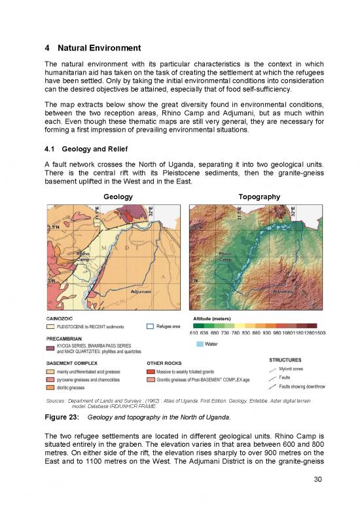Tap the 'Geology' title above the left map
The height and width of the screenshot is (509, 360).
point(118,196)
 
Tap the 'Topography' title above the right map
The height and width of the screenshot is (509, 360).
point(260,196)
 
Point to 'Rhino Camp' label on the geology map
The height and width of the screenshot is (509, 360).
point(83,257)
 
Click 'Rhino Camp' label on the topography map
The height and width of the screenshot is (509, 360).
point(225,257)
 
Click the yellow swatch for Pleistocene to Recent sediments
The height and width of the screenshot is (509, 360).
point(50,326)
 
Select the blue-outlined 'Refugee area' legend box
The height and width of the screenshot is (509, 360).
point(151,326)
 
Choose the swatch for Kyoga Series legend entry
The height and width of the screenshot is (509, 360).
point(50,349)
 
